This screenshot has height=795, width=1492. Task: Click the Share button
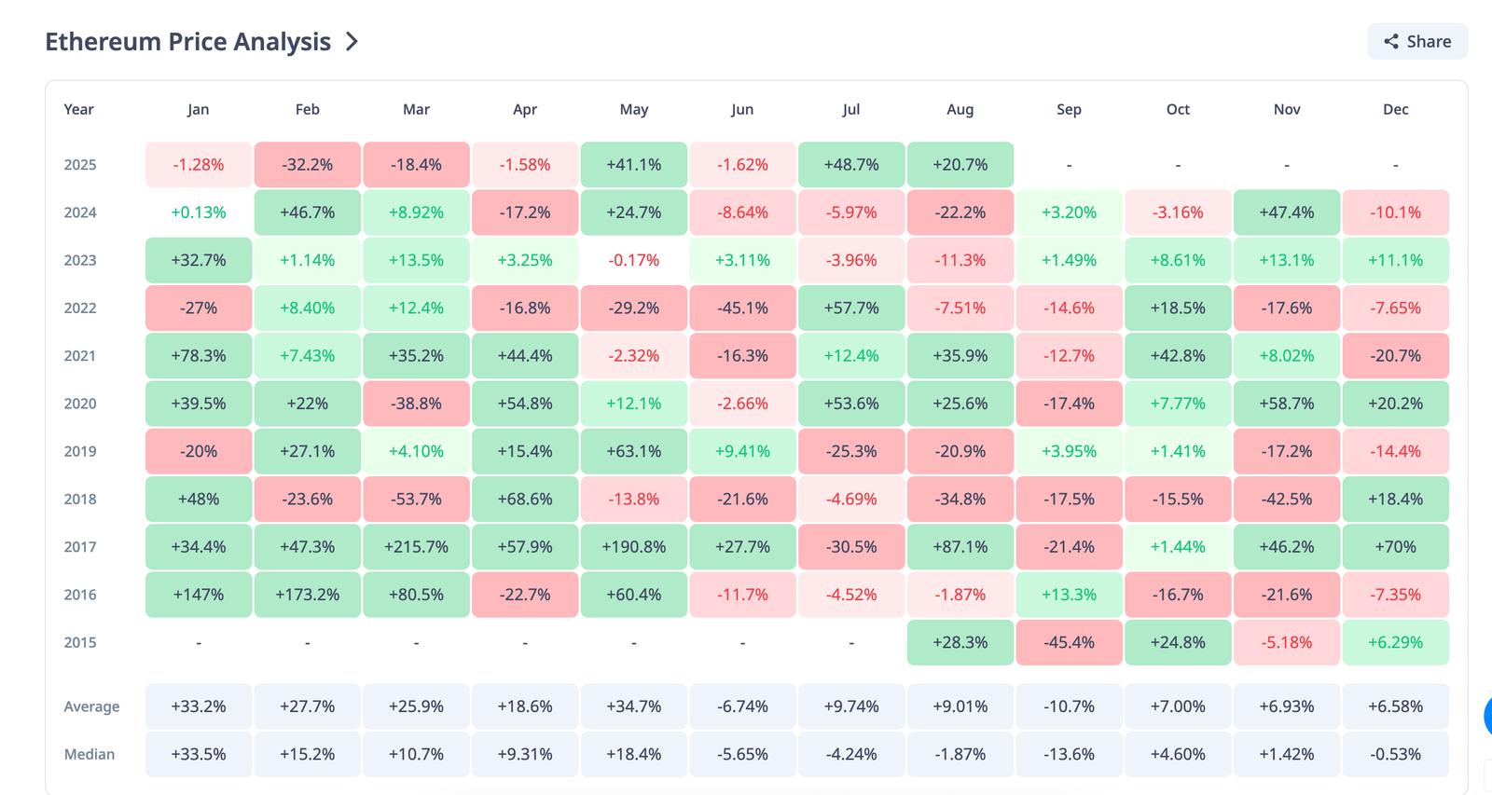(1417, 42)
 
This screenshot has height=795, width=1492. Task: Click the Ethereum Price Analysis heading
(188, 42)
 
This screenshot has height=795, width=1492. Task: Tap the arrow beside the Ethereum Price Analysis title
(352, 42)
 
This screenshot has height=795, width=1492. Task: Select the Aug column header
(960, 109)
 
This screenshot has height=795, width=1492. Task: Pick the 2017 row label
(80, 547)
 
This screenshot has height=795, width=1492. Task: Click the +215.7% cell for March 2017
(416, 547)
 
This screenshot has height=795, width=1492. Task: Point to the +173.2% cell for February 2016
(308, 595)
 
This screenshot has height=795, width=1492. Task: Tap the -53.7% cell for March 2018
(416, 500)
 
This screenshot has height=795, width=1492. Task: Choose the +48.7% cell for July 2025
(851, 165)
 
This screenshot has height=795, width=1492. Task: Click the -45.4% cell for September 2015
(1069, 642)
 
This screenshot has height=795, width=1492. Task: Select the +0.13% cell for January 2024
(199, 212)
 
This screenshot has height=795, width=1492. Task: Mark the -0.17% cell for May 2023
(634, 260)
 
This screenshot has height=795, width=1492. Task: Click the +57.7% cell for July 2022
(851, 308)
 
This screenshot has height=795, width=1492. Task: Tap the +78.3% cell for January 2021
(199, 356)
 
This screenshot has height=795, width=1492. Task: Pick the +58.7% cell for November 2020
(1287, 404)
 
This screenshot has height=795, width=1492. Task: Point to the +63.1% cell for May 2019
(634, 451)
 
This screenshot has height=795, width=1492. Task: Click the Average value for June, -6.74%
(742, 706)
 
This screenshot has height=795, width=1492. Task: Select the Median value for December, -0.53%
(1395, 754)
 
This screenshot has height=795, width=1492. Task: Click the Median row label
(90, 754)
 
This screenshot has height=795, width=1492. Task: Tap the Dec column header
(1395, 109)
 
